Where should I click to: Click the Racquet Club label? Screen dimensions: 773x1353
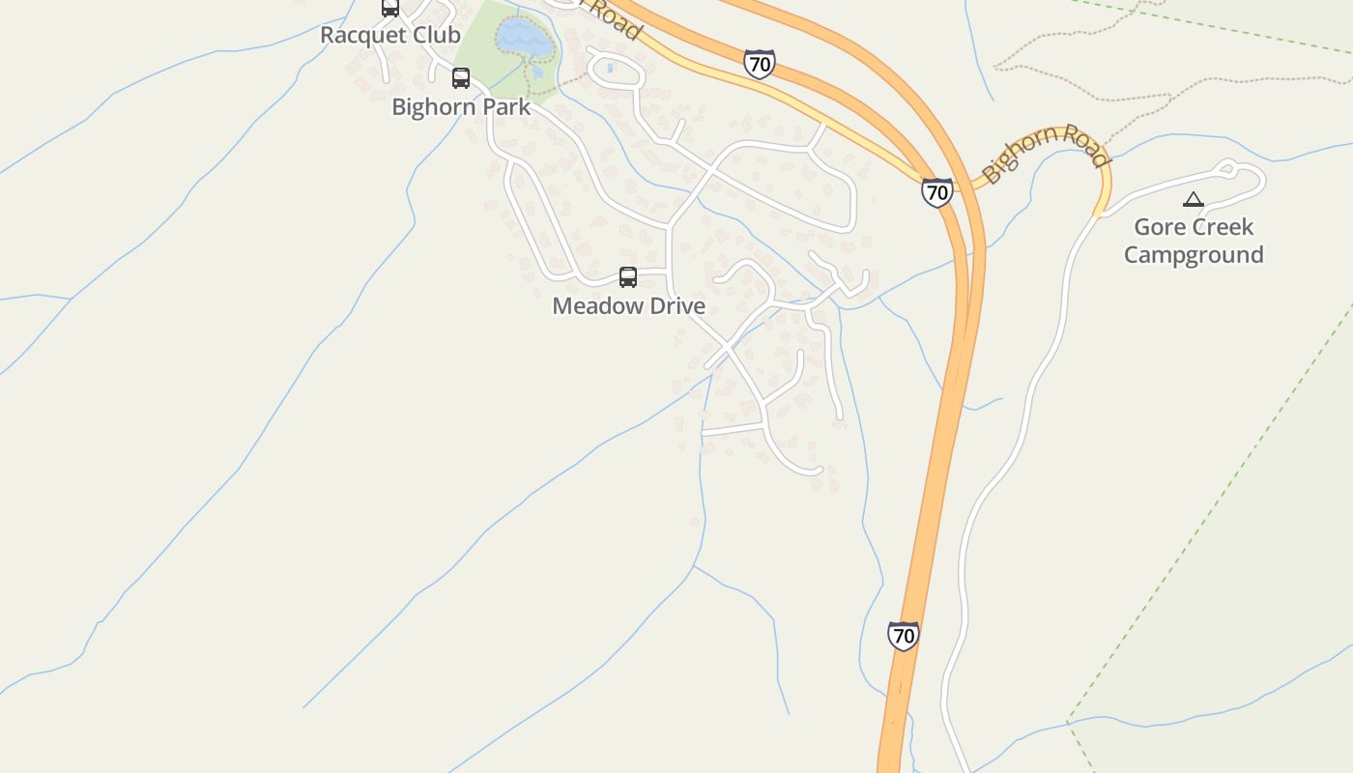pyautogui.click(x=390, y=35)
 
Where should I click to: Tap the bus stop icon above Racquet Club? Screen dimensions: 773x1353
pyautogui.click(x=390, y=8)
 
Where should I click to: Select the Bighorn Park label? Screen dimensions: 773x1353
pyautogui.click(x=461, y=106)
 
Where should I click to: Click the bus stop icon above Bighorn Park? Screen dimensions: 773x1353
pyautogui.click(x=461, y=78)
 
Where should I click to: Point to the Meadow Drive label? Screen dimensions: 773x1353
pyautogui.click(x=628, y=306)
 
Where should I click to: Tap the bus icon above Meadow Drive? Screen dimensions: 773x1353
pyautogui.click(x=628, y=278)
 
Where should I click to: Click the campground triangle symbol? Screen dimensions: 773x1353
pyautogui.click(x=1194, y=200)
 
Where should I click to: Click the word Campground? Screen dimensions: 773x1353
pyautogui.click(x=1194, y=255)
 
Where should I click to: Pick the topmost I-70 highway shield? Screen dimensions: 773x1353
pyautogui.click(x=760, y=65)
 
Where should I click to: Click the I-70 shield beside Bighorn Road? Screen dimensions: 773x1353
pyautogui.click(x=936, y=192)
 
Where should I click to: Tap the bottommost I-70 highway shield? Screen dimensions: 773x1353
pyautogui.click(x=903, y=636)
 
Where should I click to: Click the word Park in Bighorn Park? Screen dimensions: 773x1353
pyautogui.click(x=503, y=106)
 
